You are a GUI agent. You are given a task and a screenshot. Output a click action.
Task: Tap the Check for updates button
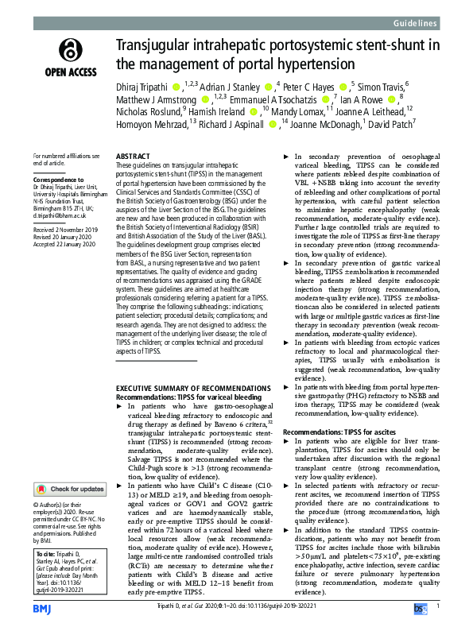click(x=69, y=489)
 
